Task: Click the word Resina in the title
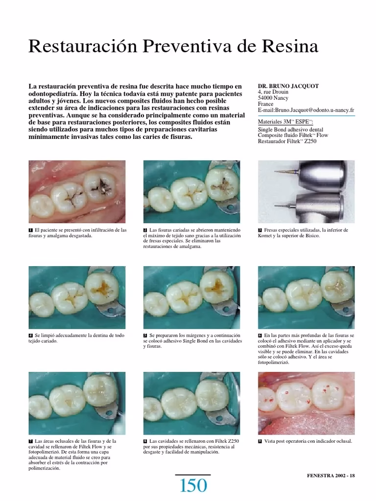(x=290, y=46)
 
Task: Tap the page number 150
(x=193, y=486)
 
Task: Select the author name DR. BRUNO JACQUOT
(x=288, y=86)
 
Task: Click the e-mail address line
(x=306, y=110)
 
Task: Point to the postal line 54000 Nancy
(x=273, y=98)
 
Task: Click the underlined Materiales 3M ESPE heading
(x=285, y=122)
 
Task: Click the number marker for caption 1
(x=31, y=230)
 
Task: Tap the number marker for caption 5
(x=145, y=336)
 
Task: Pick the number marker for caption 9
(x=260, y=442)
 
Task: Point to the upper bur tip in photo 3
(x=276, y=172)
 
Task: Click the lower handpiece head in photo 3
(x=320, y=206)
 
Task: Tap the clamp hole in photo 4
(x=110, y=310)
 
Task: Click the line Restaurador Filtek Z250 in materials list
(x=287, y=141)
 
